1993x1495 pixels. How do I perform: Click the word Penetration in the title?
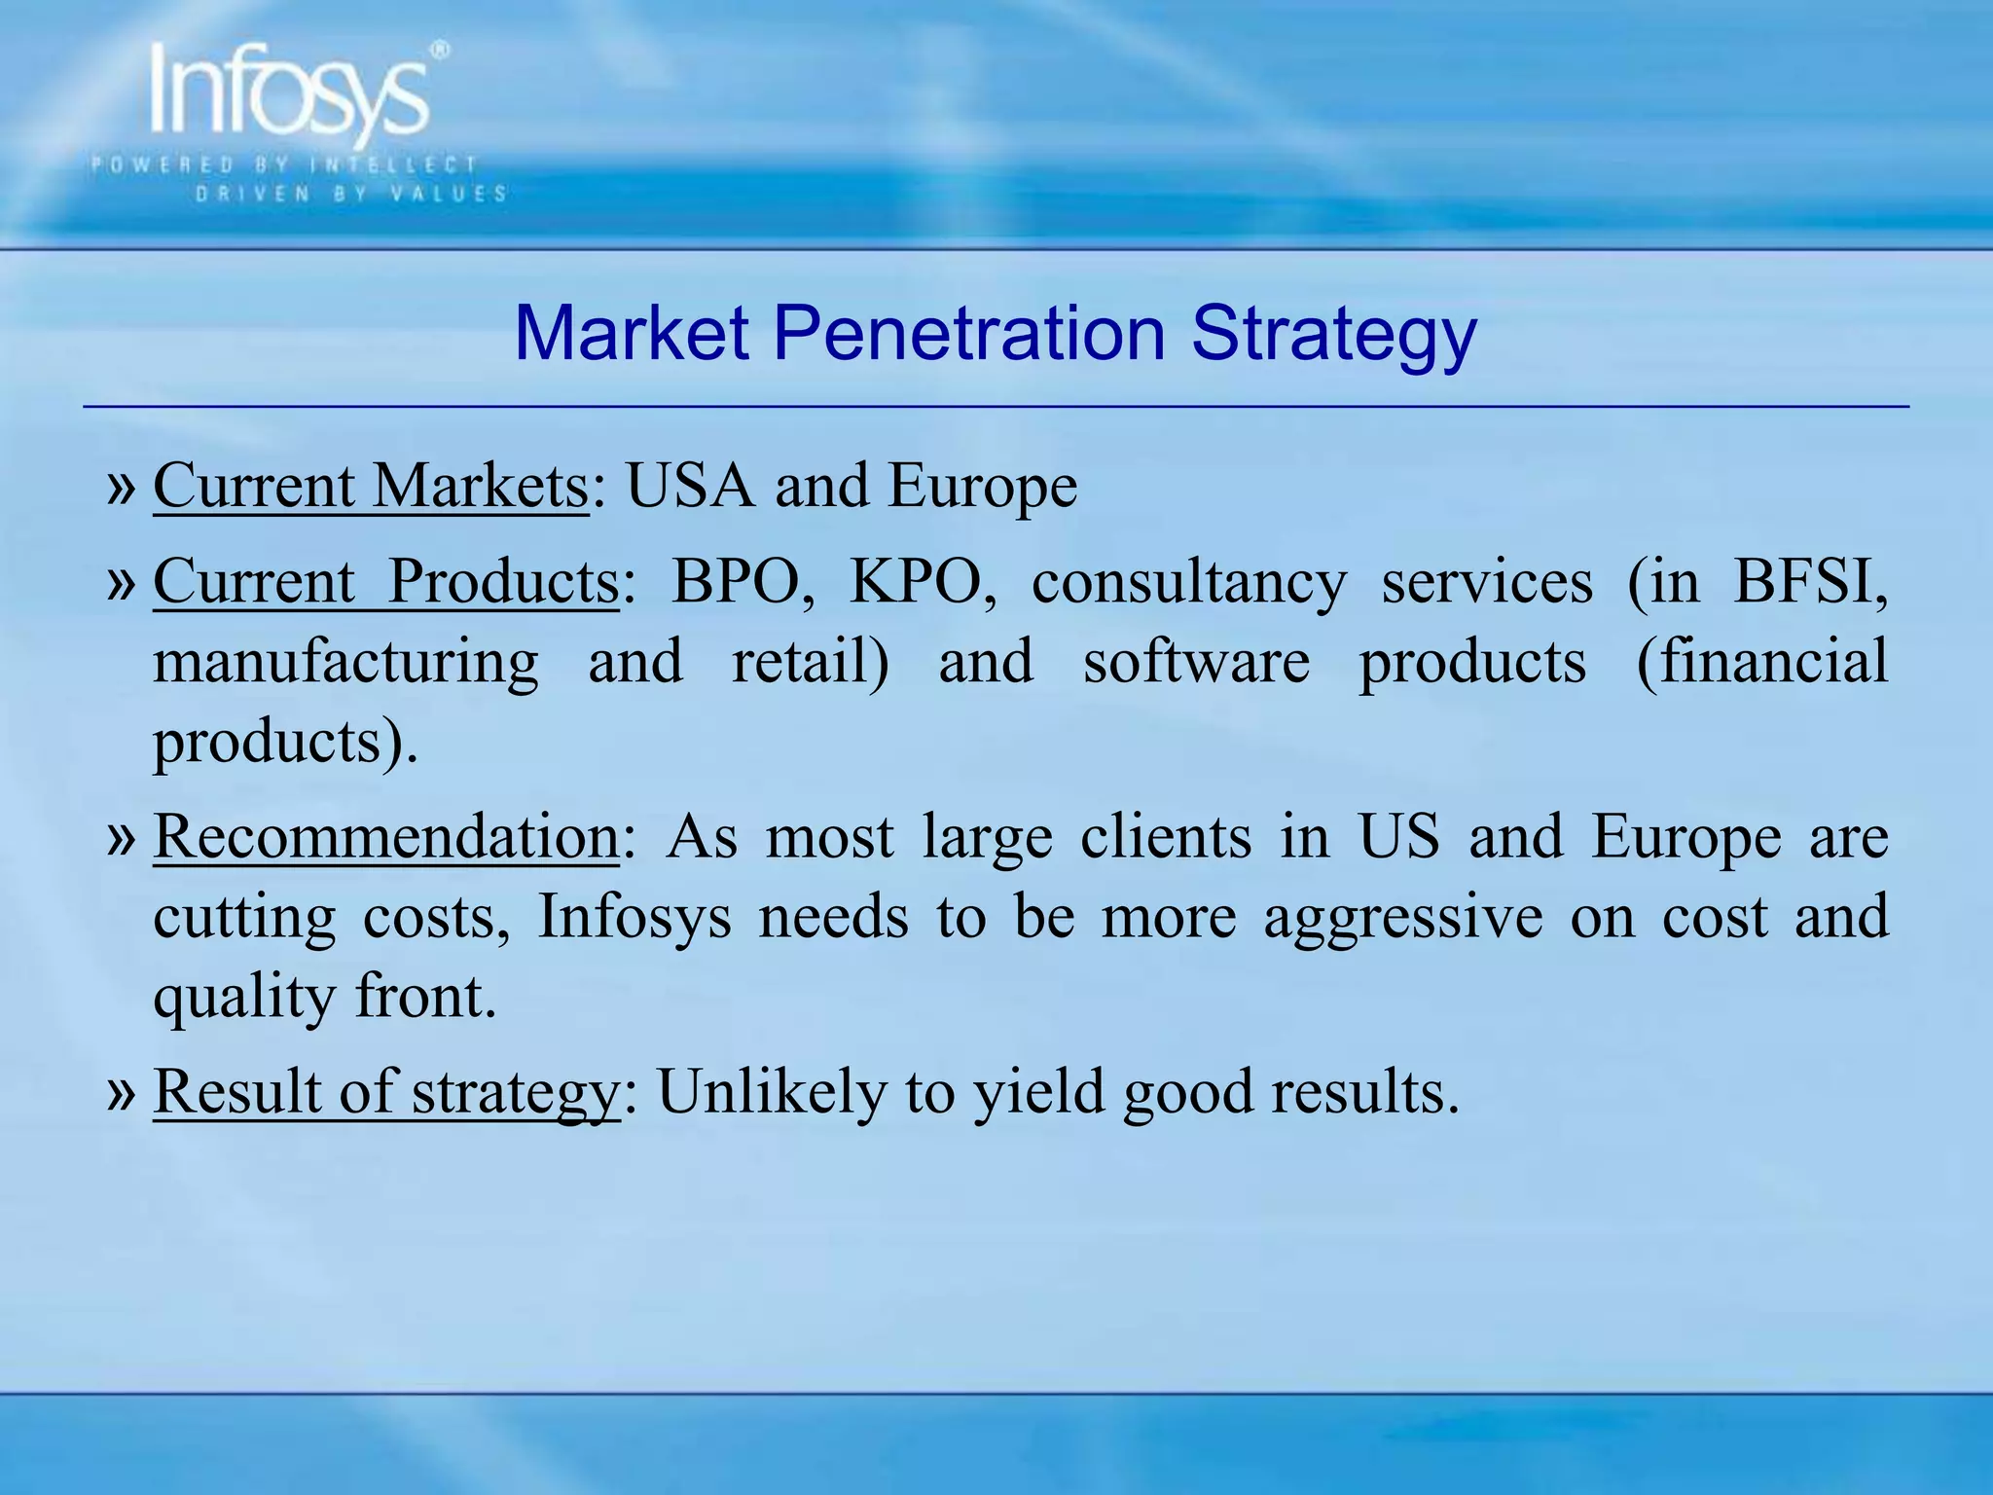pyautogui.click(x=969, y=334)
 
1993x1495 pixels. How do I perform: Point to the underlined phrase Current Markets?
pyautogui.click(x=371, y=486)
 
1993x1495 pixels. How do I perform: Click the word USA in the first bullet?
pyautogui.click(x=690, y=486)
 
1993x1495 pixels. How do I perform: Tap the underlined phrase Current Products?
pyautogui.click(x=385, y=582)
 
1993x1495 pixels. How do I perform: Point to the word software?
pyautogui.click(x=1196, y=662)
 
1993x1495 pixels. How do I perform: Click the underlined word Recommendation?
pyautogui.click(x=385, y=837)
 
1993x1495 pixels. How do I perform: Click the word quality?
pyautogui.click(x=243, y=999)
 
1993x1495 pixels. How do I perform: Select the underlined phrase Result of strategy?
pyautogui.click(x=385, y=1092)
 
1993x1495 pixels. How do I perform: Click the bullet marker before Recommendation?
pyautogui.click(x=121, y=837)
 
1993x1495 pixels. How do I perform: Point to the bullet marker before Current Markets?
pyautogui.click(x=121, y=487)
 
